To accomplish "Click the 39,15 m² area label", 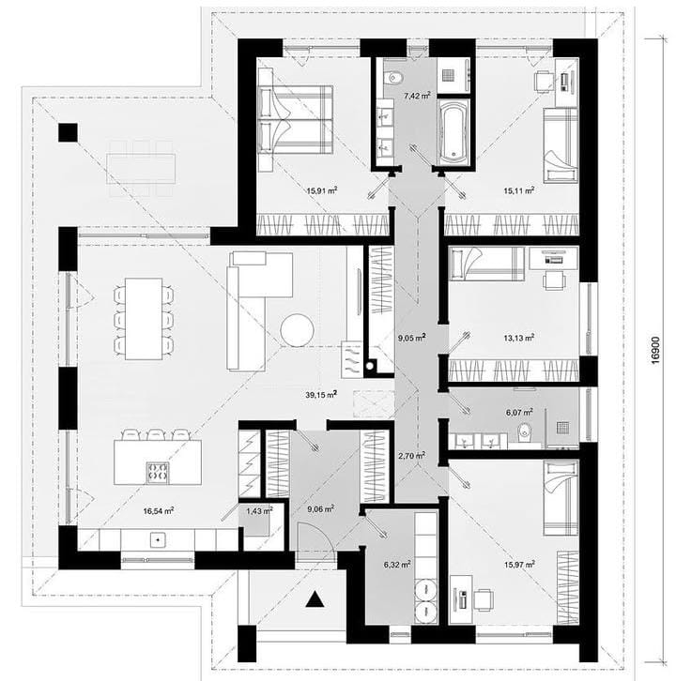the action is [321, 394].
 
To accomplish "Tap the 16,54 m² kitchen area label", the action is [159, 510].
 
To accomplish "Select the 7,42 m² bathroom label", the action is [417, 96].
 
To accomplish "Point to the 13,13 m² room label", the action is [519, 338].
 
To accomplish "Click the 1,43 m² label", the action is [259, 510].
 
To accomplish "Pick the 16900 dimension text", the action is [655, 350].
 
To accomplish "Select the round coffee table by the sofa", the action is [297, 329].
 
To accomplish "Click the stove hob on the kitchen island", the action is [158, 473].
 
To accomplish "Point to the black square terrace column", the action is [69, 132].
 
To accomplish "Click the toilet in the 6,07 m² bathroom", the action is [525, 432].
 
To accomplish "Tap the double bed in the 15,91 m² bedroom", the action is [295, 119].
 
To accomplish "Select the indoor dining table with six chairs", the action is [144, 319].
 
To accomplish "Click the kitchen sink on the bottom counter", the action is [158, 540].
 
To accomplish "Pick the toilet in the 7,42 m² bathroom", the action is [393, 78].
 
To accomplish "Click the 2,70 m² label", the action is [411, 456].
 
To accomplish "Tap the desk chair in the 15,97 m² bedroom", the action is [483, 599].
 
